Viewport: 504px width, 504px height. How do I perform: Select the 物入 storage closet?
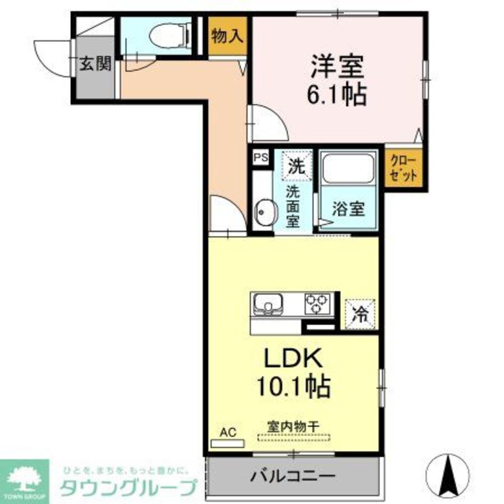pyautogui.click(x=228, y=36)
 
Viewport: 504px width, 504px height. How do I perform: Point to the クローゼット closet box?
pyautogui.click(x=403, y=168)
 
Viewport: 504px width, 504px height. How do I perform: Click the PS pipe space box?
pyautogui.click(x=261, y=157)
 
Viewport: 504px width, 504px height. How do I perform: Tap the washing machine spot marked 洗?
pyautogui.click(x=297, y=164)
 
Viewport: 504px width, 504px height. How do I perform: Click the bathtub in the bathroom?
pyautogui.click(x=348, y=168)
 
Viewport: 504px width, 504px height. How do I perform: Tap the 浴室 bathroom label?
pyautogui.click(x=348, y=209)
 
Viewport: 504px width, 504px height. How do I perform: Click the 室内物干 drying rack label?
pyautogui.click(x=293, y=426)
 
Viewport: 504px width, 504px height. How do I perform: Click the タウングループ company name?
pyautogui.click(x=128, y=488)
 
